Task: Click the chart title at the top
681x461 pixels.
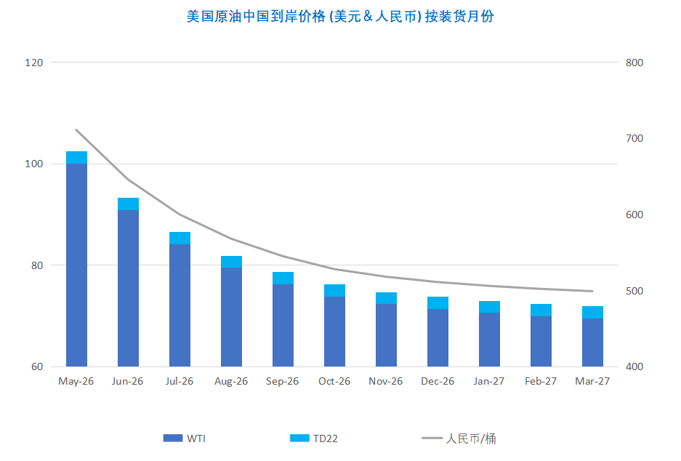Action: click(x=340, y=16)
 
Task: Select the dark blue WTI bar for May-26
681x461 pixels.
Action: click(x=76, y=265)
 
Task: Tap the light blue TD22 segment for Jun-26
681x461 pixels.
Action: click(x=128, y=204)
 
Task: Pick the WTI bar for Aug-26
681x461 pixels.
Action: click(x=231, y=316)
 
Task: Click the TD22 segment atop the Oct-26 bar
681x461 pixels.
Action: click(x=334, y=290)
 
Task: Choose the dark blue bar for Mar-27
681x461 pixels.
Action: click(x=592, y=342)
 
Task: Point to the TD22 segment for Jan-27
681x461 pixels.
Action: click(x=489, y=307)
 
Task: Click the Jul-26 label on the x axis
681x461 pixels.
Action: click(x=180, y=381)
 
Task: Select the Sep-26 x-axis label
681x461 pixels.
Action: click(x=283, y=381)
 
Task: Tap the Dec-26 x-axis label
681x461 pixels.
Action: click(x=438, y=381)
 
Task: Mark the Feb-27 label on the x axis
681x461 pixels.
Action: click(x=541, y=381)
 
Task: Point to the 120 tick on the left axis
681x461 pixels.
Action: click(x=34, y=63)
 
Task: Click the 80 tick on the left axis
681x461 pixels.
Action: click(x=36, y=265)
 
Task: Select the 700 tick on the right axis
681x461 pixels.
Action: click(x=634, y=138)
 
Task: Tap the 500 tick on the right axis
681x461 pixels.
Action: click(x=634, y=291)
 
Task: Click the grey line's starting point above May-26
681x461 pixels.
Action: click(x=76, y=130)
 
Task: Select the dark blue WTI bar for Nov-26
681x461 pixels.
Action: click(x=386, y=334)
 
